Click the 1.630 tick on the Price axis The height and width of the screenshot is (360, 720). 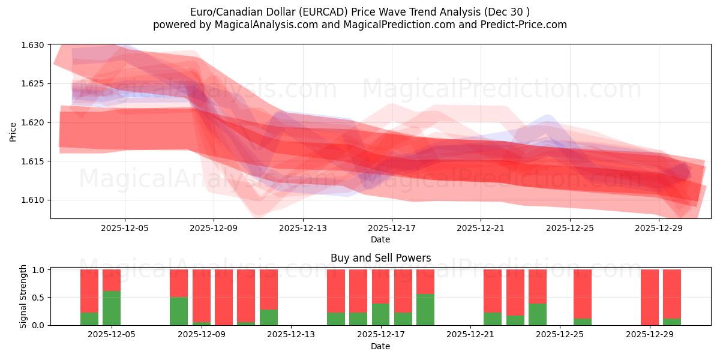[x=34, y=45]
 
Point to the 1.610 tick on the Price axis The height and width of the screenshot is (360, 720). [x=34, y=200]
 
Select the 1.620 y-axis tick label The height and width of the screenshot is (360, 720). [x=34, y=122]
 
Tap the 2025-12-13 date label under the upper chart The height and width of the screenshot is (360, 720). [x=303, y=228]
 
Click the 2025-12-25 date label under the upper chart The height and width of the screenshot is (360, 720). [x=570, y=228]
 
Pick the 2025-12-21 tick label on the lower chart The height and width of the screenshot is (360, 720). [x=470, y=335]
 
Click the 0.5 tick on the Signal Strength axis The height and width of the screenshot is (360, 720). [x=38, y=298]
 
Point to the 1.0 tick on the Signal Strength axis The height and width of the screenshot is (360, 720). [x=38, y=270]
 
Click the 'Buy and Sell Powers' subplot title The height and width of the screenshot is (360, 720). [x=380, y=258]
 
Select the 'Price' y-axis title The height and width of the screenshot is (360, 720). [x=13, y=131]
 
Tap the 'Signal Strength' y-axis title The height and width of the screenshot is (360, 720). [x=23, y=296]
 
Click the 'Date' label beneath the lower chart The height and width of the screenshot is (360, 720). [x=380, y=346]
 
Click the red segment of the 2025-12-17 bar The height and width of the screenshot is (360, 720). [x=381, y=286]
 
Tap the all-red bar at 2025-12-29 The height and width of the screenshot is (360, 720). [x=650, y=297]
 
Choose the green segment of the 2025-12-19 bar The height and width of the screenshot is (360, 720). [x=425, y=310]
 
